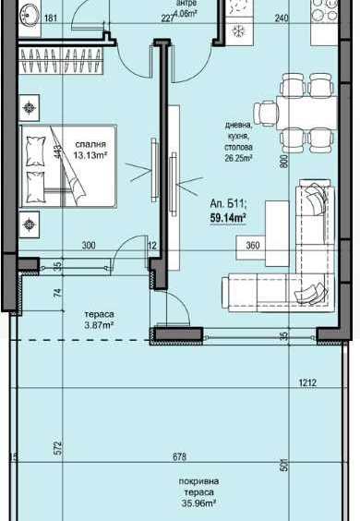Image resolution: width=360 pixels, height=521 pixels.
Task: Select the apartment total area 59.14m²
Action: [x=228, y=218]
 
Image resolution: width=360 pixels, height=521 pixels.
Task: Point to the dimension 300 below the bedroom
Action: [x=88, y=247]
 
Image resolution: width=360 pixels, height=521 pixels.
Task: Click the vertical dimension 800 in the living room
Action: [x=285, y=160]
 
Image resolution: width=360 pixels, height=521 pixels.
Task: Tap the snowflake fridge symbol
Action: [x=236, y=30]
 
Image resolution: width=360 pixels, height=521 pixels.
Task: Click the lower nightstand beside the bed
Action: [x=30, y=221]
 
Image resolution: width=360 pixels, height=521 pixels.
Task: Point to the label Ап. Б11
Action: [x=228, y=205]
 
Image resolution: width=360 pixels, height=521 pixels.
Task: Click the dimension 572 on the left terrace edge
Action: [x=57, y=448]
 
